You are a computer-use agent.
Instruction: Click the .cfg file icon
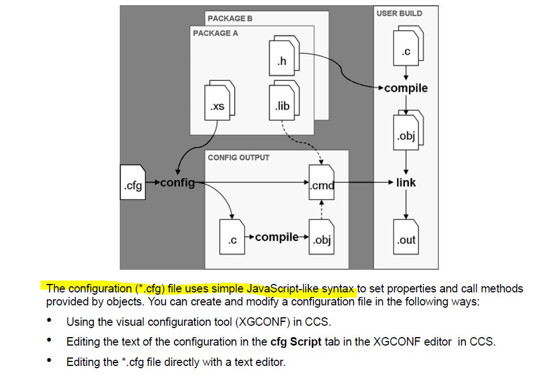(133, 182)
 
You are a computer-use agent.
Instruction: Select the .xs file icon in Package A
(220, 100)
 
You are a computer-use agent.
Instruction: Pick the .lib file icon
(284, 100)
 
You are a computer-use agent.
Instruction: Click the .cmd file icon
(321, 182)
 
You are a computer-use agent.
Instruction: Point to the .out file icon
(406, 236)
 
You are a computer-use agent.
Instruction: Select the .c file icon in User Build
(408, 46)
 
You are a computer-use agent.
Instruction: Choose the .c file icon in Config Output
(232, 236)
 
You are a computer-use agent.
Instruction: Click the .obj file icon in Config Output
(321, 236)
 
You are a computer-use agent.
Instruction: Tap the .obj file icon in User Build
(408, 130)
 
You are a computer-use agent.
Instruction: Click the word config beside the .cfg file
(177, 183)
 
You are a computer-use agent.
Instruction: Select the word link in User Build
(406, 183)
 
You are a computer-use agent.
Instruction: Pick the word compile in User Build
(406, 88)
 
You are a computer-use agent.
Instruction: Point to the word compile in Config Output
(277, 237)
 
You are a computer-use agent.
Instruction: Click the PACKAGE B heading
(230, 19)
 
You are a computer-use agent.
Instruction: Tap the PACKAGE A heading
(215, 33)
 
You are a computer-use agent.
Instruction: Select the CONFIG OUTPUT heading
(238, 158)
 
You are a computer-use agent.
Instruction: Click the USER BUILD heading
(399, 14)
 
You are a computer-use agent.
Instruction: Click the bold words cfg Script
(296, 342)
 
